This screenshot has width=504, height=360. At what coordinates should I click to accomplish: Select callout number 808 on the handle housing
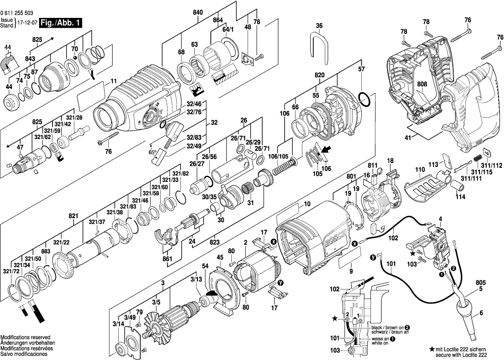point(422,85)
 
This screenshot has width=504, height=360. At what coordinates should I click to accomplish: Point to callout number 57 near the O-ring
point(362,69)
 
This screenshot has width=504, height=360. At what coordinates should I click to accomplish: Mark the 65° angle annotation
point(153,152)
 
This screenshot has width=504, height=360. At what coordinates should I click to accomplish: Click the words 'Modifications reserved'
point(25,337)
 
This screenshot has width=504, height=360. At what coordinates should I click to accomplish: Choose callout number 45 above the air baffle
point(220,257)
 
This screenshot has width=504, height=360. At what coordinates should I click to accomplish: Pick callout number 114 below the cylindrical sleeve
point(460,197)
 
